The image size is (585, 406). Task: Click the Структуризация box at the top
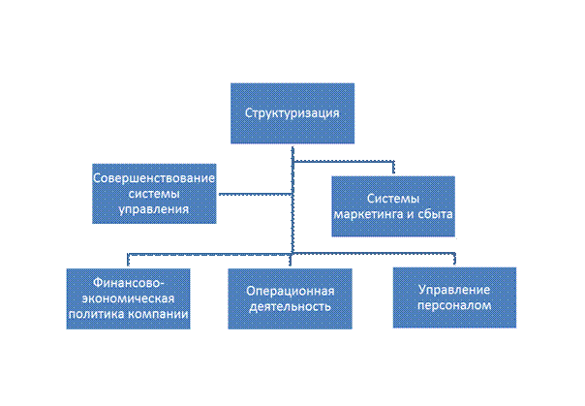291,112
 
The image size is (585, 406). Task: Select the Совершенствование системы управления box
153,192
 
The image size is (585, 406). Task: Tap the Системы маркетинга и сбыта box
392,205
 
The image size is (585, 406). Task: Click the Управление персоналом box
453,297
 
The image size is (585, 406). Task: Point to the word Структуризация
291,112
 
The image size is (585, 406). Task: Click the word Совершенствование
153,177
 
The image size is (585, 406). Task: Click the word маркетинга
369,213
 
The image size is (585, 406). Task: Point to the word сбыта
436,213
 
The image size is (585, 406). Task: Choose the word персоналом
453,305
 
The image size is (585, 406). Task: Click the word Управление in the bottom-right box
453,290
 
